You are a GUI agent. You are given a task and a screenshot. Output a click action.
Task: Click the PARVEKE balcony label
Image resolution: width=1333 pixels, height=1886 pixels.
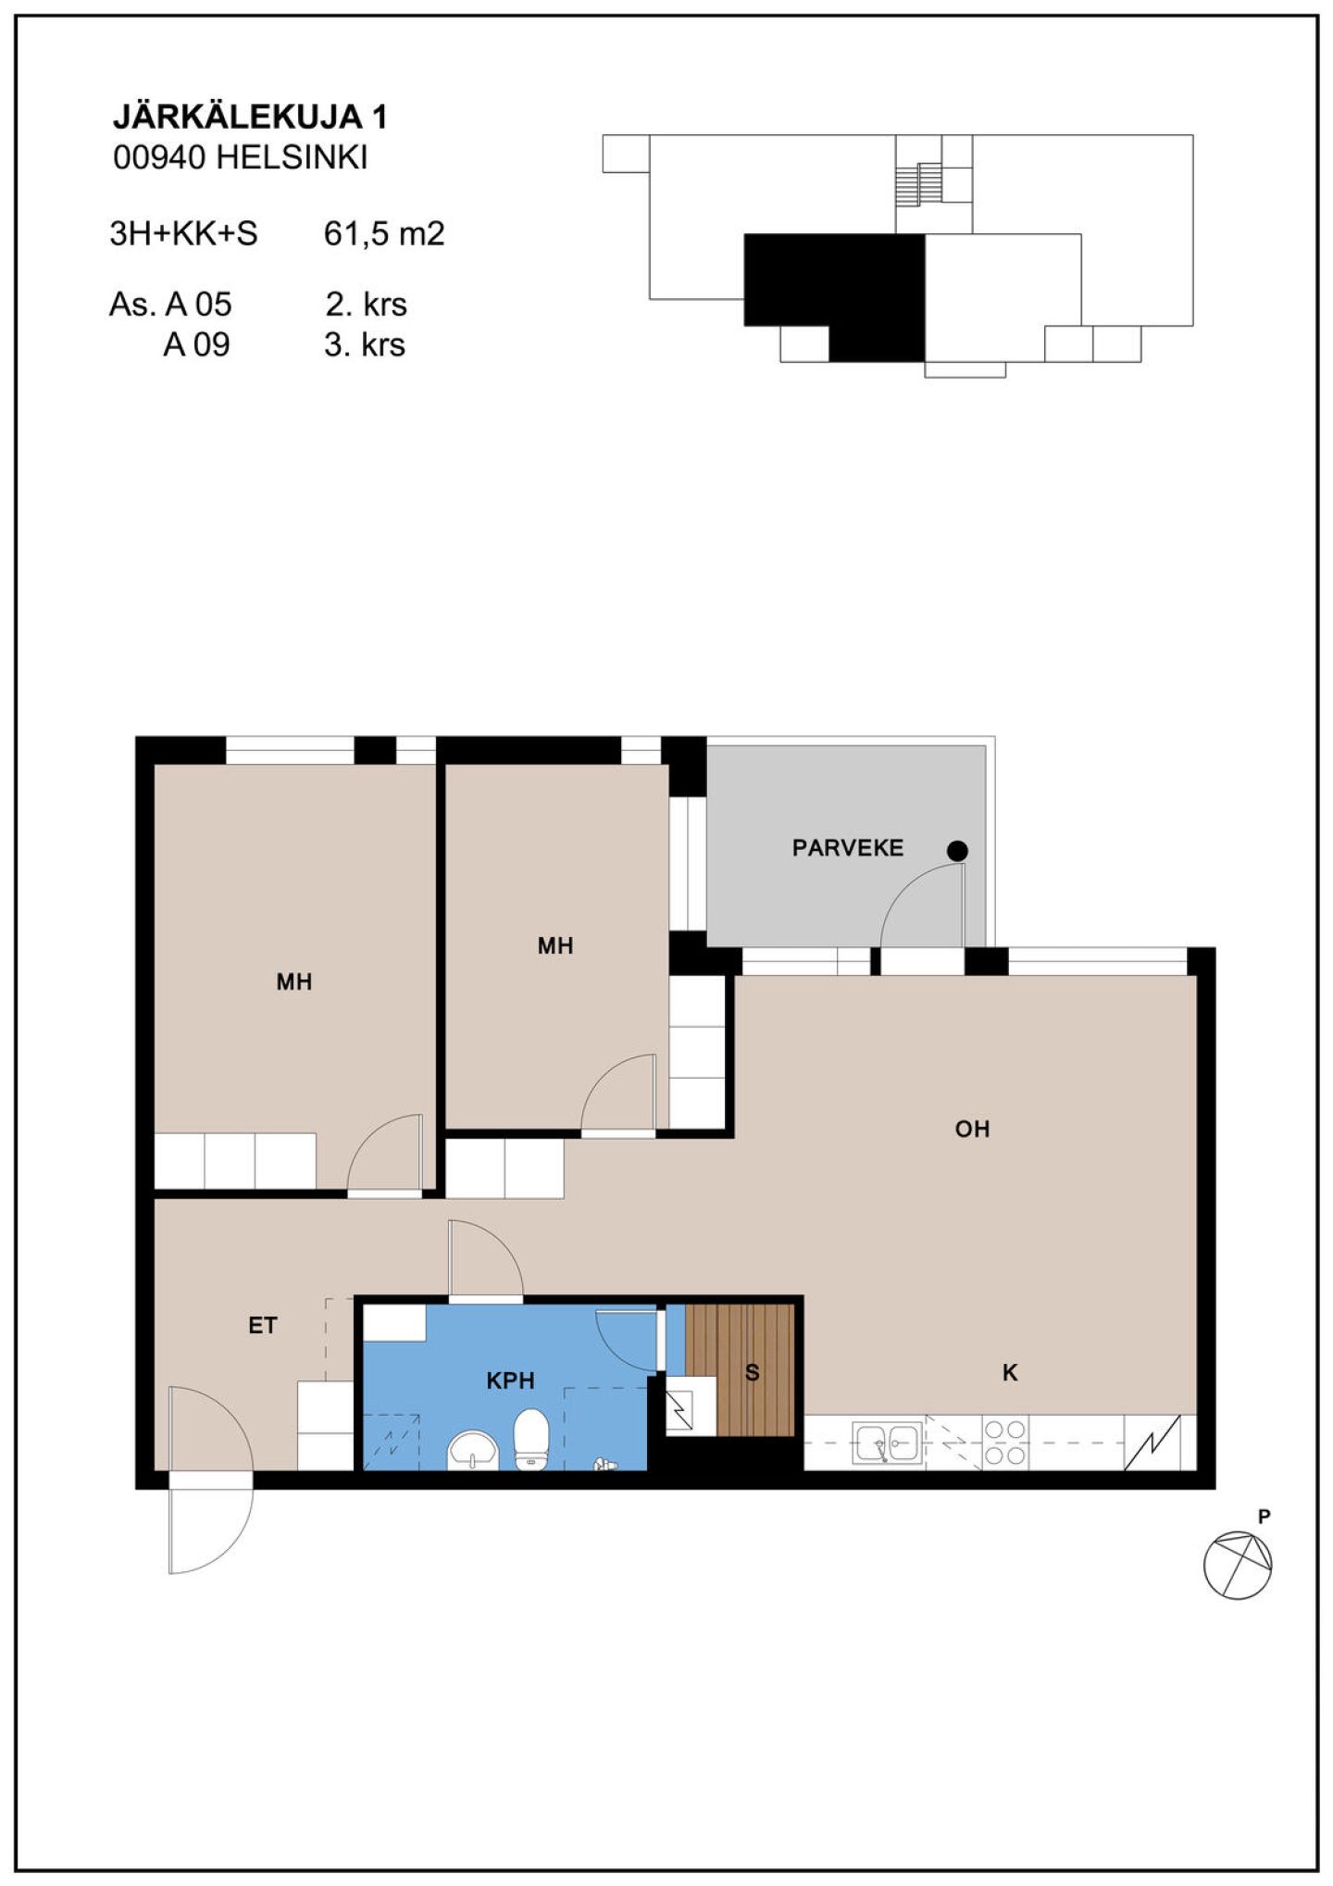point(847,847)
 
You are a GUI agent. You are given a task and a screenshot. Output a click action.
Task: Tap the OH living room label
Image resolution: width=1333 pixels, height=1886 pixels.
point(972,1129)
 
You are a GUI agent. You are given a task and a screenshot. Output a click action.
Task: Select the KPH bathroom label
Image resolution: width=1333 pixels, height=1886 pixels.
point(510,1381)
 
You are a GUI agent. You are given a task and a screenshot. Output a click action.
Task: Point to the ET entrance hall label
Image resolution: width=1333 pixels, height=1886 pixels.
point(262,1326)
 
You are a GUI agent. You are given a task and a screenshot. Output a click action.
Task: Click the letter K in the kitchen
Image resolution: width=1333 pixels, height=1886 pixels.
point(1010,1373)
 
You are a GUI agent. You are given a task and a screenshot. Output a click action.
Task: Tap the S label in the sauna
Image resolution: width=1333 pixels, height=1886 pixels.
point(753,1373)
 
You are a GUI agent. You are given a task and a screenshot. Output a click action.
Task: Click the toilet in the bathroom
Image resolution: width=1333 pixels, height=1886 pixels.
point(531,1439)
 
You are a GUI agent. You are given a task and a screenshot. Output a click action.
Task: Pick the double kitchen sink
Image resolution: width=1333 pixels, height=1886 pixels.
point(888,1442)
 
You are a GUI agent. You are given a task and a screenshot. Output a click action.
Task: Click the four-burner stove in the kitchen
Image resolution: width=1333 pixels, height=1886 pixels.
point(1005,1443)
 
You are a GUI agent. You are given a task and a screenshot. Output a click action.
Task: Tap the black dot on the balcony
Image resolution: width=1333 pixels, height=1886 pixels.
point(957,851)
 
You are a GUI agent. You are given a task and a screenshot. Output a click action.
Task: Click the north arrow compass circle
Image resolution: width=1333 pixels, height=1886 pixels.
point(1238,1565)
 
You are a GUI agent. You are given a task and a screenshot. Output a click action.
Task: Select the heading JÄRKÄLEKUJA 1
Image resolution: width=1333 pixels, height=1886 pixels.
point(250,117)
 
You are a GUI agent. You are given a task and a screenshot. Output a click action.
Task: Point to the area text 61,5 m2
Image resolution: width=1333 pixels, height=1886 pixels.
point(384,233)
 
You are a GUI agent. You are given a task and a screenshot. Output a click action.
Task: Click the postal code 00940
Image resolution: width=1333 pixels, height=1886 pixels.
point(159,157)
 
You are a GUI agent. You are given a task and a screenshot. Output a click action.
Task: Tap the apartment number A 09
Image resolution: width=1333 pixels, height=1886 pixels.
point(196,344)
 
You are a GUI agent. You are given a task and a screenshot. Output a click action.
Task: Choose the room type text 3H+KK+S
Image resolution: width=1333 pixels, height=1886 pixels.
point(183,233)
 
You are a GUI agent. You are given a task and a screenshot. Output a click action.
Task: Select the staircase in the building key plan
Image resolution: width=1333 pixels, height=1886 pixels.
point(918,184)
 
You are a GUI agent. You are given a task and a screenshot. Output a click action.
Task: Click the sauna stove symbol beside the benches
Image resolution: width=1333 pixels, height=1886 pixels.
point(691,1406)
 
